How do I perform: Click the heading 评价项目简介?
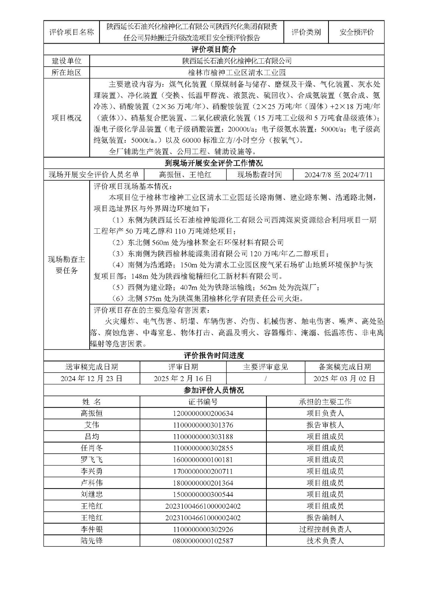(x=214, y=50)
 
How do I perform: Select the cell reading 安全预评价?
(x=356, y=32)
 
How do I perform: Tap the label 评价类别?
(x=306, y=32)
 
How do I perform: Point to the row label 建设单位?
(x=67, y=61)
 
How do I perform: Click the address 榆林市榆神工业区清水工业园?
(x=237, y=73)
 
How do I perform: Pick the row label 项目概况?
(x=67, y=118)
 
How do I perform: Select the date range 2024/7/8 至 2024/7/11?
(x=338, y=175)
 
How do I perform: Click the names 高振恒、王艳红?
(x=185, y=175)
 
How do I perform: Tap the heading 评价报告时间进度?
(x=214, y=355)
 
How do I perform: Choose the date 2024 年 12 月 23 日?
(x=92, y=378)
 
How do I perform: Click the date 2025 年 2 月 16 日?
(x=183, y=378)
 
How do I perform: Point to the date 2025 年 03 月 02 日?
(x=344, y=378)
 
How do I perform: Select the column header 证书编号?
(x=203, y=402)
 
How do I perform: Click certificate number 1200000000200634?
(x=203, y=414)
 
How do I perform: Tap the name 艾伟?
(x=92, y=425)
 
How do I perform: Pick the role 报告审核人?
(x=325, y=425)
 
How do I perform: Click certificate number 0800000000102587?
(x=203, y=541)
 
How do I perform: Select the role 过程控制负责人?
(x=325, y=529)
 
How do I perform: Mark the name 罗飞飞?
(x=92, y=460)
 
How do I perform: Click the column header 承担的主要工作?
(x=325, y=402)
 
